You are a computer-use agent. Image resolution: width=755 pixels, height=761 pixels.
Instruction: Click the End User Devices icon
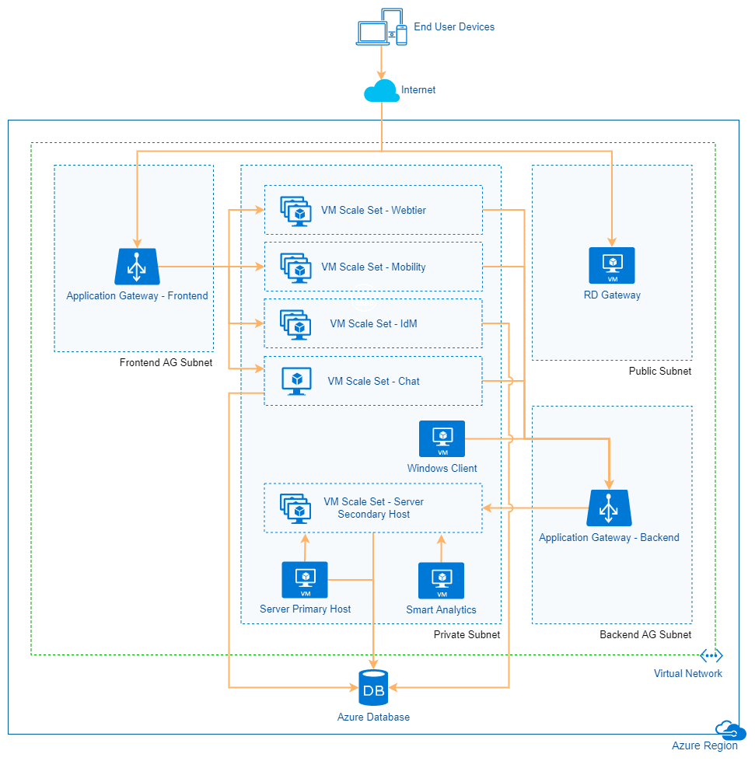pos(382,27)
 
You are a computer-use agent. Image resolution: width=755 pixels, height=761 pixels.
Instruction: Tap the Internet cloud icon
pos(381,90)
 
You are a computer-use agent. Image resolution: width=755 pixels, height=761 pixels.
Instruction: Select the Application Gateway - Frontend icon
pos(137,267)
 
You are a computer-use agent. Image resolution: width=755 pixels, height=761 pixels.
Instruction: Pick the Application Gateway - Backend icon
pos(609,508)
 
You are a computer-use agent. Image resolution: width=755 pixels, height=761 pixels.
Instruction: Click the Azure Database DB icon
pos(374,688)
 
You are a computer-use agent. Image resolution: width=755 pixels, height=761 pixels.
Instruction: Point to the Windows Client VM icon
pos(442,439)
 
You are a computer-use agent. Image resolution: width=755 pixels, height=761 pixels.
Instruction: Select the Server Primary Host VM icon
pos(305,580)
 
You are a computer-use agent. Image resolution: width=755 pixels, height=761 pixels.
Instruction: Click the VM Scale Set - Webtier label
pos(373,210)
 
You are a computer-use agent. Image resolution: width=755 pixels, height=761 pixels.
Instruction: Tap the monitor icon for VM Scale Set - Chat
pos(295,381)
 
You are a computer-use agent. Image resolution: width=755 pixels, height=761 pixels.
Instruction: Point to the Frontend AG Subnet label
pos(166,362)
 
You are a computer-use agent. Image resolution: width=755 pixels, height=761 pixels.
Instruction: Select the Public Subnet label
pos(659,371)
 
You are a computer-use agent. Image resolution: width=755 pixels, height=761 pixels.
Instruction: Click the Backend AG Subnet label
pos(645,634)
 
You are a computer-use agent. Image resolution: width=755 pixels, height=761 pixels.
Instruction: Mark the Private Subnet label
pos(467,634)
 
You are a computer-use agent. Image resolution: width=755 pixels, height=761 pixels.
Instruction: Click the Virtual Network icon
pos(711,655)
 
